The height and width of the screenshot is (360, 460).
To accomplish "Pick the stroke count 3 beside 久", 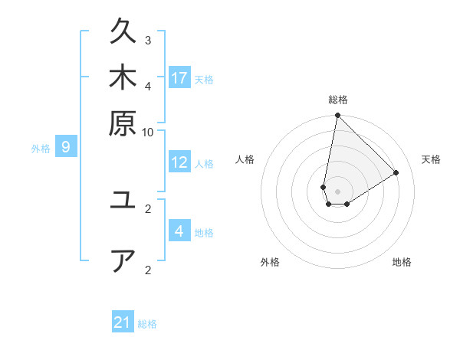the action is pos(148,40).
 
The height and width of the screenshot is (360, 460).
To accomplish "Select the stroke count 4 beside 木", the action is pos(148,85).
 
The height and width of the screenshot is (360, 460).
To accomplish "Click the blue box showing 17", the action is pos(179,77).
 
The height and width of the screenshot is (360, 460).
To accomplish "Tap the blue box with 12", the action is pos(179,162).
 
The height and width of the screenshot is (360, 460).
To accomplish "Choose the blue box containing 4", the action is pos(179,231).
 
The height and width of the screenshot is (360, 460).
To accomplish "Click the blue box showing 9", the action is pos(65,147).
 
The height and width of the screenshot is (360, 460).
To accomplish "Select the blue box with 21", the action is pos(123,322).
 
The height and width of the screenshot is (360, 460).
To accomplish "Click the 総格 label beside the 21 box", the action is pos(147,324).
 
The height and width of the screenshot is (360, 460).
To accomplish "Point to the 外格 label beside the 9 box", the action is pos(41,149).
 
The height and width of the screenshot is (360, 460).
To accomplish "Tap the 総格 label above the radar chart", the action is pos(337,100).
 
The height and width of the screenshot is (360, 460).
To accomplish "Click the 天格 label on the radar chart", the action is pos(431,159).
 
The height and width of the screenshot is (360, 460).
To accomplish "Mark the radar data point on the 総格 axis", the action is pos(337,116).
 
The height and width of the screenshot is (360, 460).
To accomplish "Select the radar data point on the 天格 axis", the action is pos(396,172).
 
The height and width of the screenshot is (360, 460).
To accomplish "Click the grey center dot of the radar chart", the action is pos(337,191).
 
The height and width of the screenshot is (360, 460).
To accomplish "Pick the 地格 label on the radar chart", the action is pos(402,262).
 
